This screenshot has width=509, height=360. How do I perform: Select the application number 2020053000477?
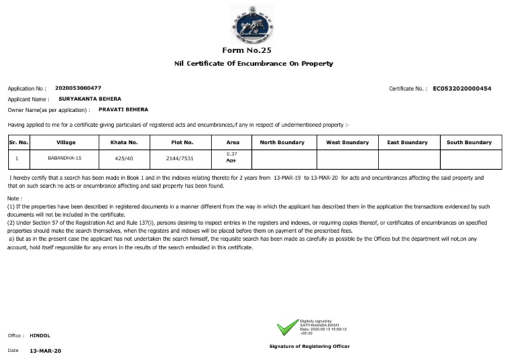pyautogui.click(x=79, y=88)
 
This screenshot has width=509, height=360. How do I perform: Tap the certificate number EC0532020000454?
pyautogui.click(x=462, y=88)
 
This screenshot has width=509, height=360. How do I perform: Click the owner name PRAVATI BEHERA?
pyautogui.click(x=123, y=109)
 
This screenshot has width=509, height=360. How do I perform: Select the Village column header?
pyautogui.click(x=66, y=143)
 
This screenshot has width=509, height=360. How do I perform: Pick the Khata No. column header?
pyautogui.click(x=124, y=143)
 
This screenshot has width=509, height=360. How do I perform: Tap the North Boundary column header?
pyautogui.click(x=282, y=143)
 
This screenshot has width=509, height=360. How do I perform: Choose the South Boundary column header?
pyautogui.click(x=469, y=143)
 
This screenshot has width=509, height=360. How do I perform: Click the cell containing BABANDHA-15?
pyautogui.click(x=64, y=158)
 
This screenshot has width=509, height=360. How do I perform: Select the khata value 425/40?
pyautogui.click(x=124, y=158)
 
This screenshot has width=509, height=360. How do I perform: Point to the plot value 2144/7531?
pyautogui.click(x=181, y=158)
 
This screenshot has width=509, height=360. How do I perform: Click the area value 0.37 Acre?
pyautogui.click(x=231, y=158)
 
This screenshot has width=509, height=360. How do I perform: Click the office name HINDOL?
pyautogui.click(x=40, y=335)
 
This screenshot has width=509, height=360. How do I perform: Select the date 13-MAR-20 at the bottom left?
pyautogui.click(x=46, y=350)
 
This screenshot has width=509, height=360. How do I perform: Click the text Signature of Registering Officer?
pyautogui.click(x=310, y=347)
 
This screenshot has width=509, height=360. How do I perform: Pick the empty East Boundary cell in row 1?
pyautogui.click(x=407, y=158)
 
